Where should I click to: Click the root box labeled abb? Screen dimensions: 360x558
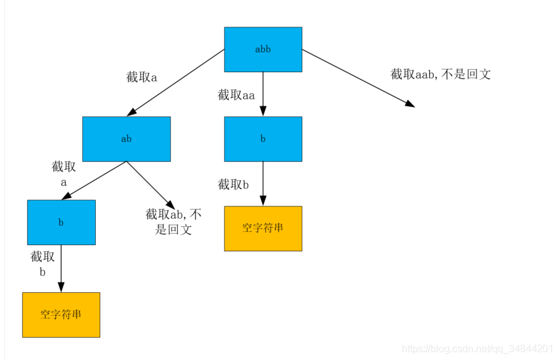point(263,49)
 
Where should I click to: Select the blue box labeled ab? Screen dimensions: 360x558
point(126,139)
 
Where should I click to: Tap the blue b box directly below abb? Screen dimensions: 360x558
point(263,139)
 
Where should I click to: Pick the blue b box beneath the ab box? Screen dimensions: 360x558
point(62,223)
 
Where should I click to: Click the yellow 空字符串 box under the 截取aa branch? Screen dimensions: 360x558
point(263,228)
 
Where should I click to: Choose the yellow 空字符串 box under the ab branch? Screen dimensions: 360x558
point(61,315)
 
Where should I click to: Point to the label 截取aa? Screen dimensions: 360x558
point(236,95)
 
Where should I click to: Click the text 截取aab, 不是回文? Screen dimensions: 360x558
point(440,75)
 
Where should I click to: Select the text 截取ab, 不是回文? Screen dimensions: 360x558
point(174,222)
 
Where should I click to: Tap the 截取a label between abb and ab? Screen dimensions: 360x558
point(142,78)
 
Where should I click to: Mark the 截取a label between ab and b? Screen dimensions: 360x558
point(63,175)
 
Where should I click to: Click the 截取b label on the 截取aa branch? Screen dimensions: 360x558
point(233,185)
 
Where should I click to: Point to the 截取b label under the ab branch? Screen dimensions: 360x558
point(42,264)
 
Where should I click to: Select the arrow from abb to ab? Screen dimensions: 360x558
point(176,82)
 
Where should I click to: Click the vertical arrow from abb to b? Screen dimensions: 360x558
point(263,93)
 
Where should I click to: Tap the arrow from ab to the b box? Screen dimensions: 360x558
point(94,180)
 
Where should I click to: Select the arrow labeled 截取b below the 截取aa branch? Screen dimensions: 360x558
point(263,184)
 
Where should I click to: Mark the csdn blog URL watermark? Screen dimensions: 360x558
point(478,349)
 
